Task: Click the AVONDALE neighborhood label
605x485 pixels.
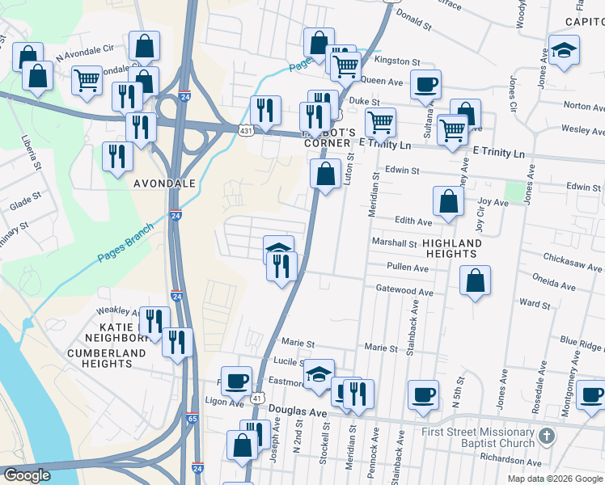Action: coord(164,183)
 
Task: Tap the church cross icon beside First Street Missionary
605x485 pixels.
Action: coord(548,436)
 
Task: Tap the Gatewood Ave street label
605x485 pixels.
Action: coord(404,291)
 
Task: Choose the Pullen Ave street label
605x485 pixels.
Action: coord(408,267)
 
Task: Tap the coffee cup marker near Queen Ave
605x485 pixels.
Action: coord(425,84)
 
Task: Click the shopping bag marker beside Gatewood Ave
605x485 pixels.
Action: coord(476,281)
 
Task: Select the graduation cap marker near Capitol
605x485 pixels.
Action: coord(564,50)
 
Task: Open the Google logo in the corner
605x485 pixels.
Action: coord(26,475)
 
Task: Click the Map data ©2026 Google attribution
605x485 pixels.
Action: coord(556,479)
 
